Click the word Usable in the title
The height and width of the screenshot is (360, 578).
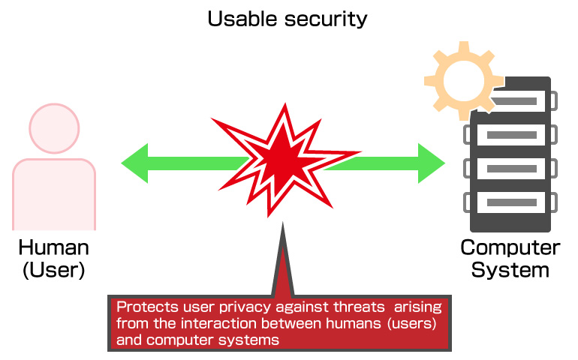click(x=242, y=19)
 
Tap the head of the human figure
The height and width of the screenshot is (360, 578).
click(x=54, y=128)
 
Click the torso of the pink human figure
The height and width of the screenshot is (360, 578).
click(x=54, y=194)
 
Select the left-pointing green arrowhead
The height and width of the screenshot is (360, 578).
click(x=134, y=163)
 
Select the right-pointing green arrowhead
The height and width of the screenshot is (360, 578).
click(x=432, y=163)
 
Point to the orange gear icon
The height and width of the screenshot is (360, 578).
click(x=463, y=81)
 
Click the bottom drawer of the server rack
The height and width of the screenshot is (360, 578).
click(x=511, y=202)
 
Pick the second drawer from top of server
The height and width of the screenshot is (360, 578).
click(x=511, y=135)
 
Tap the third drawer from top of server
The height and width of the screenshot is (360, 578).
click(x=511, y=169)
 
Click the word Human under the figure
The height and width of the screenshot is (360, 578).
click(x=54, y=247)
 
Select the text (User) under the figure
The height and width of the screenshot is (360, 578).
click(x=54, y=270)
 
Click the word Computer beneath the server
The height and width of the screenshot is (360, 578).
click(x=510, y=248)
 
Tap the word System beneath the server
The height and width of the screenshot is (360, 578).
click(x=510, y=271)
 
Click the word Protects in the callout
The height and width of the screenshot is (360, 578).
click(x=147, y=307)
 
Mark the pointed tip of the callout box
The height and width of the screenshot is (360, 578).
click(x=283, y=223)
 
